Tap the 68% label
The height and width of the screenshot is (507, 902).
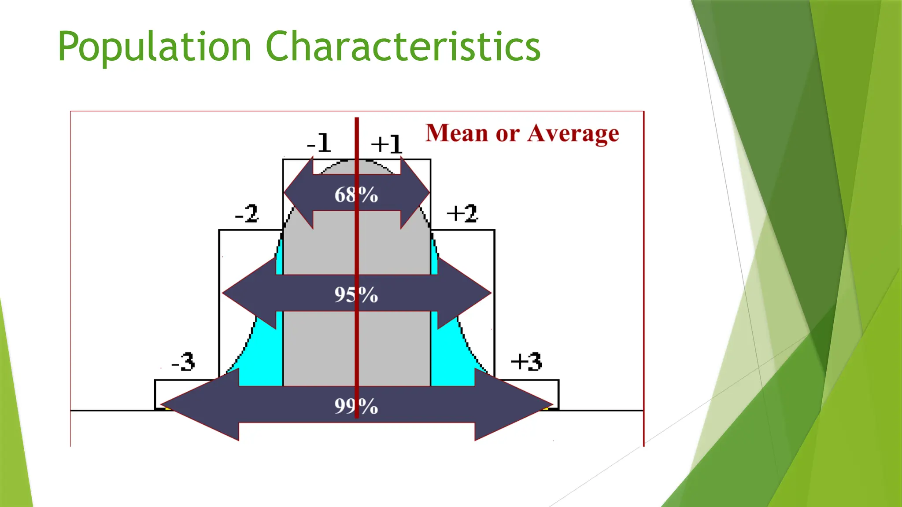[356, 195]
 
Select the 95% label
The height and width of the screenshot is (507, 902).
[356, 294]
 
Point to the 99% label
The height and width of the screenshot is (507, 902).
[356, 406]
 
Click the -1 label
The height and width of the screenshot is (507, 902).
[319, 143]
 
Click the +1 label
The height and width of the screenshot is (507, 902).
[386, 144]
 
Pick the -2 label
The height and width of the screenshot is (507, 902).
[247, 213]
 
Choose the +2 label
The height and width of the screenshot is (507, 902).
[462, 213]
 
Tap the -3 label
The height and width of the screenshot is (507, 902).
[183, 362]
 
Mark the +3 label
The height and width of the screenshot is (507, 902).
[526, 362]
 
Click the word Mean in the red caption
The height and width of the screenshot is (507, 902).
[457, 133]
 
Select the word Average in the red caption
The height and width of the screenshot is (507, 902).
[573, 133]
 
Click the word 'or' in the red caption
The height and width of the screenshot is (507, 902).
[507, 134]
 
